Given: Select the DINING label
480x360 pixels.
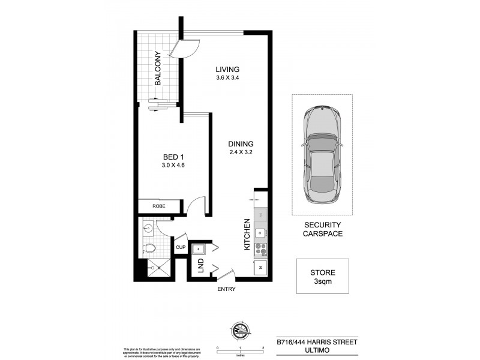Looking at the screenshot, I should [241, 144].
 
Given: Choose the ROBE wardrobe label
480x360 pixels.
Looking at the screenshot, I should [158, 206].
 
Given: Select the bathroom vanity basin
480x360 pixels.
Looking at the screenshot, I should [148, 227].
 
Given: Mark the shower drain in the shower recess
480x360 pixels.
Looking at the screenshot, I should [152, 268].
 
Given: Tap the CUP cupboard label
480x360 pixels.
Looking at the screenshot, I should [181, 247].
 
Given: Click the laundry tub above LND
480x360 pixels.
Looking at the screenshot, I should [199, 248].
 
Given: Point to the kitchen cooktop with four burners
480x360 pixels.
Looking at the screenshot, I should [260, 247].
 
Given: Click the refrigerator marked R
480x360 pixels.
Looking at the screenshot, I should [260, 268].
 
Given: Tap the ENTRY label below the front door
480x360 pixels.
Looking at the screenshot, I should [227, 289].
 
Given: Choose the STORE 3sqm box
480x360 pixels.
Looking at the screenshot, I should [323, 276].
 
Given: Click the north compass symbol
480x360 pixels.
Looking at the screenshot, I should [239, 329].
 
